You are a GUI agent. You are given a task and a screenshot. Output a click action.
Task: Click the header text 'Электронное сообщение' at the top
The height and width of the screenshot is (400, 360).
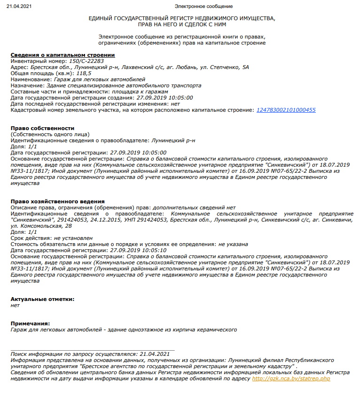(x=203, y=6)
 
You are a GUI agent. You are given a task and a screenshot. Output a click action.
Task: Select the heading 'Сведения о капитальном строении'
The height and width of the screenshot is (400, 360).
(x=63, y=55)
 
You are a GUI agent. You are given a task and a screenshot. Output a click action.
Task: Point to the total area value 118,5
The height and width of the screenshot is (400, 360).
(x=83, y=73)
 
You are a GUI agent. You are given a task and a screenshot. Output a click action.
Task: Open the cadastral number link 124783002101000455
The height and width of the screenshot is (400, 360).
(x=286, y=110)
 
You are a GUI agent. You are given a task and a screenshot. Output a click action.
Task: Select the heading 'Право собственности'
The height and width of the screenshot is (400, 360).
(x=42, y=128)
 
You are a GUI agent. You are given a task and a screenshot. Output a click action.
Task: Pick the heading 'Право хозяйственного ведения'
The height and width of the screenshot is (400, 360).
(x=57, y=201)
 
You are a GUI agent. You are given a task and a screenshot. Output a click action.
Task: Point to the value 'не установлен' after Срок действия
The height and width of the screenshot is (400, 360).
(x=73, y=238)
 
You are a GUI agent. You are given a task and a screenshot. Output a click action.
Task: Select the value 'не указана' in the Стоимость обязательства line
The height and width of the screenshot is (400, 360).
(x=234, y=244)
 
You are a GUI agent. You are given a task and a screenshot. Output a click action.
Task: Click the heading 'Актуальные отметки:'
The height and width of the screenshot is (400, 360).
(x=42, y=299)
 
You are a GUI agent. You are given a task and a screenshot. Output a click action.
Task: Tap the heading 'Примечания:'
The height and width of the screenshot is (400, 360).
(x=30, y=323)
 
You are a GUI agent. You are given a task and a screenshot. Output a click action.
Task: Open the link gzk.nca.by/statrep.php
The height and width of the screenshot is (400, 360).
(x=291, y=378)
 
